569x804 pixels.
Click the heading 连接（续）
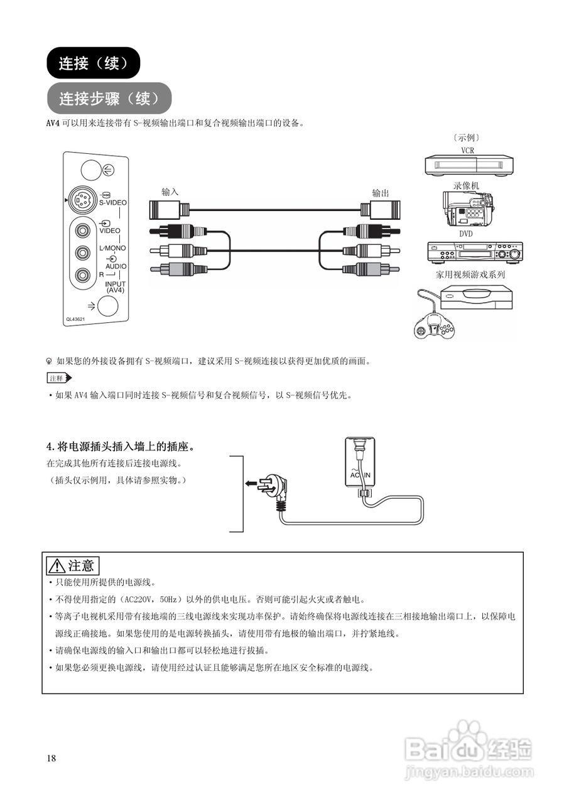pyautogui.click(x=93, y=63)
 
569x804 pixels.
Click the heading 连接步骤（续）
pyautogui.click(x=109, y=99)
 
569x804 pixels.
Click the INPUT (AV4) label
pyautogui.click(x=115, y=287)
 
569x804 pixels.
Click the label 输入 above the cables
pyautogui.click(x=170, y=192)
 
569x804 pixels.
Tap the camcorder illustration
pyautogui.click(x=469, y=209)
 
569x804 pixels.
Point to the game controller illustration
pyautogui.click(x=433, y=325)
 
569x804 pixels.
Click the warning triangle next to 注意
pyautogui.click(x=57, y=566)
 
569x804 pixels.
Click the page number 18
pyautogui.click(x=51, y=758)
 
